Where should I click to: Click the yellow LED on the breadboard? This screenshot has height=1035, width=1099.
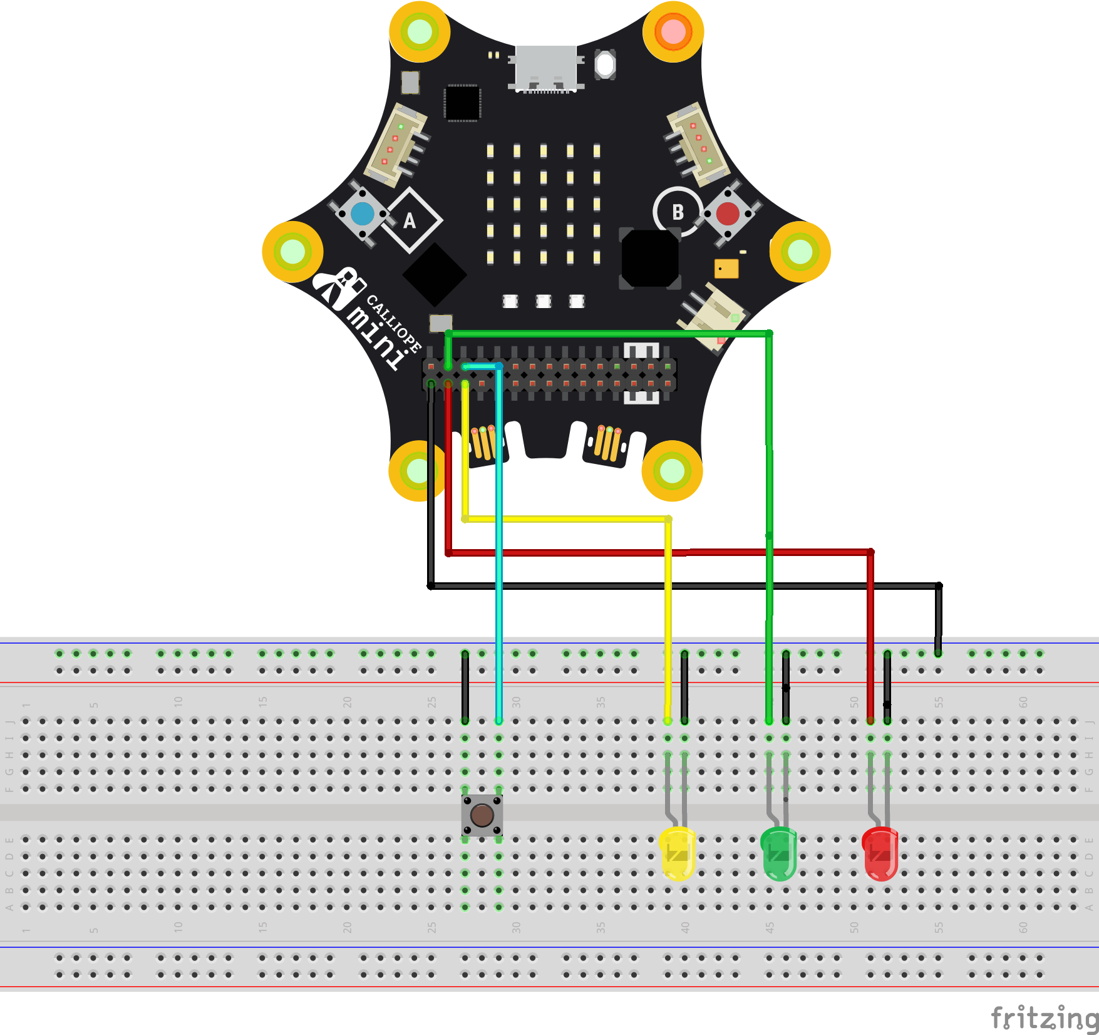click(x=678, y=853)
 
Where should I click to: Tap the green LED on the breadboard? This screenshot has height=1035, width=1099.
click(x=778, y=853)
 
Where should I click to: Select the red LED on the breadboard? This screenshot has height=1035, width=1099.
click(x=880, y=853)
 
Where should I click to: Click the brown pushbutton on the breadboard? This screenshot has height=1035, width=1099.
click(x=482, y=815)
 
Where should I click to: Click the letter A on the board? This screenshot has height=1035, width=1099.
click(x=410, y=220)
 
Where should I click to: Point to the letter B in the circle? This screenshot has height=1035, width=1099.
click(x=678, y=212)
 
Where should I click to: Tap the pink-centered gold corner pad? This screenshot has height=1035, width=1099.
click(x=673, y=31)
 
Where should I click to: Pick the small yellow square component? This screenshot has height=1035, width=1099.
click(x=726, y=269)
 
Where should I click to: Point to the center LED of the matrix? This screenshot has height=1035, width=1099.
click(x=544, y=204)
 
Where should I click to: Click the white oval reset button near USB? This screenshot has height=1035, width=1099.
click(x=605, y=64)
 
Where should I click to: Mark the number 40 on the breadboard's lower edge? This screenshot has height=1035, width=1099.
click(x=685, y=927)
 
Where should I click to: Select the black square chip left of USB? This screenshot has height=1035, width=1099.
click(x=462, y=103)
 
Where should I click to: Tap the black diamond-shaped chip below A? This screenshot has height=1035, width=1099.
click(x=435, y=274)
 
